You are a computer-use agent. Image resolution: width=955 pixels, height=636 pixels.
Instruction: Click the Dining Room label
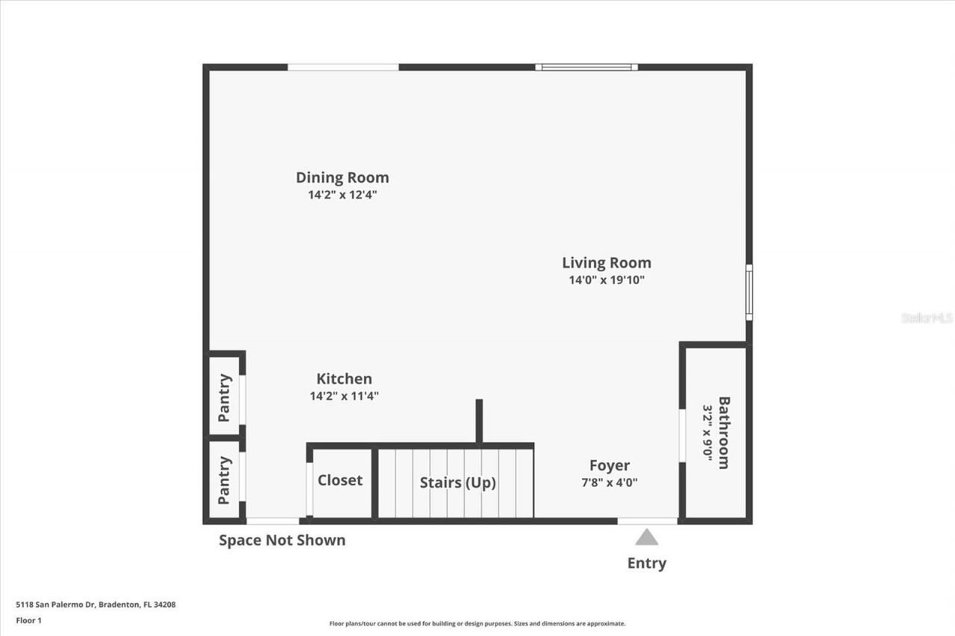point(342,177)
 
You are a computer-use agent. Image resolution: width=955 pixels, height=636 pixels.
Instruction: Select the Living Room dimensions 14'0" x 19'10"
point(606,280)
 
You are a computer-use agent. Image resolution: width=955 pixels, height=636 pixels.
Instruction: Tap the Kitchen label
point(344,379)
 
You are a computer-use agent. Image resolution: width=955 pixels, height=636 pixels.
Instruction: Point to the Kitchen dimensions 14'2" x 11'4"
point(344,396)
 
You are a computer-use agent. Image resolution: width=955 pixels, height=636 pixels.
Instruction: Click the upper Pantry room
point(224,397)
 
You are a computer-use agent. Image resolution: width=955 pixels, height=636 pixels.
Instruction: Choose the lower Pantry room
point(224,480)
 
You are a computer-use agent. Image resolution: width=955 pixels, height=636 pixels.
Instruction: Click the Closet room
point(340,480)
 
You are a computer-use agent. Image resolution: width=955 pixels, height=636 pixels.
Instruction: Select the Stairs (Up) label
point(457,482)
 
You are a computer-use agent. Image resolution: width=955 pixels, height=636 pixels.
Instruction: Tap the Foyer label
point(610,465)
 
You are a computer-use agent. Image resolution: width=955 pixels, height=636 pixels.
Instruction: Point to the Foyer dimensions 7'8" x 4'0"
point(610,482)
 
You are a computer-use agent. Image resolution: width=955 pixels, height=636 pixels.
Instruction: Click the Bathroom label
point(724,432)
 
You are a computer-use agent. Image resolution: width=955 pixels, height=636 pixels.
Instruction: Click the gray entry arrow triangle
point(647,537)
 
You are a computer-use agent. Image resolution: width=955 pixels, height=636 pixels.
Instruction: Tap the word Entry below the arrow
point(647,563)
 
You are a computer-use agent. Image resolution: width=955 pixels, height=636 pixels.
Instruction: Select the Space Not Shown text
point(282,541)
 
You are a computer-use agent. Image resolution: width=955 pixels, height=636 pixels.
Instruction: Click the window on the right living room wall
point(748,292)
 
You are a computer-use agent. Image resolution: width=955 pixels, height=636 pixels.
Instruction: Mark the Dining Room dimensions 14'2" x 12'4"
point(342,195)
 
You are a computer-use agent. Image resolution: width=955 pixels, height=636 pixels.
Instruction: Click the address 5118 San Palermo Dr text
point(95,605)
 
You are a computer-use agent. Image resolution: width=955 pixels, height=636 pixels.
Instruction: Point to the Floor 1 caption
point(28,620)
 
